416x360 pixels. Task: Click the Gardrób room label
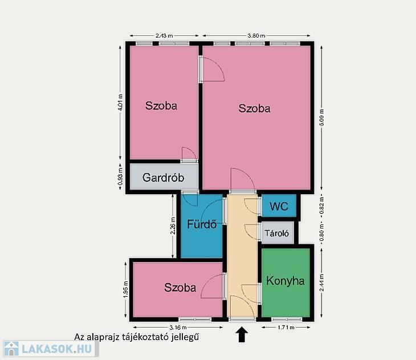click(x=163, y=178)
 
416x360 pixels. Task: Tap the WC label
click(x=279, y=206)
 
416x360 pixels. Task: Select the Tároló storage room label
click(x=277, y=234)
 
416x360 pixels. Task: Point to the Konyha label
click(x=285, y=281)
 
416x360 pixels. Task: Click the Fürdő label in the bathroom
click(x=202, y=224)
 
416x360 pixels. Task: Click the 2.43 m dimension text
click(x=164, y=35)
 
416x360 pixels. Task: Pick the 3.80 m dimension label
click(x=256, y=35)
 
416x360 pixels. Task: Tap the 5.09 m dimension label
click(x=321, y=117)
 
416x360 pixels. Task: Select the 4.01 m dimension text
click(x=120, y=103)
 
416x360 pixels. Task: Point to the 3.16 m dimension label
click(x=178, y=328)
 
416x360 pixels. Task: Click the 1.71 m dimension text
click(x=286, y=328)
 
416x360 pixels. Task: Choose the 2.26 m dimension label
click(x=173, y=226)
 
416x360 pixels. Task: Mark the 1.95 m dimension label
click(x=126, y=289)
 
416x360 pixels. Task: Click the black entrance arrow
click(x=242, y=334)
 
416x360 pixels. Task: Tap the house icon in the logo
click(x=11, y=349)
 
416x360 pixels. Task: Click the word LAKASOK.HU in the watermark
click(x=56, y=349)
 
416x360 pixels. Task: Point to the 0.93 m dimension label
click(x=120, y=176)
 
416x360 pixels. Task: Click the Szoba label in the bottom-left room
click(x=180, y=288)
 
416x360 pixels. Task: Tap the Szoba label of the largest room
click(x=254, y=108)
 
